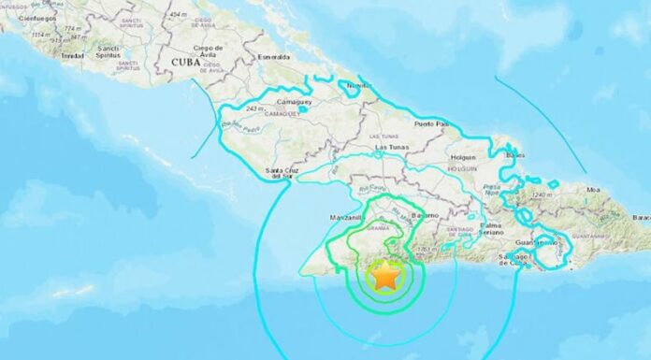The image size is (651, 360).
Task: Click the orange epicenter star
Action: coord(384,277)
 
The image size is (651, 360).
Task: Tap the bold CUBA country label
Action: coord(189,62)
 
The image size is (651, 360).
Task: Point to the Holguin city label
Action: coord(462,158)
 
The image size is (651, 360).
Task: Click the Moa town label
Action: coord(618,191)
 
